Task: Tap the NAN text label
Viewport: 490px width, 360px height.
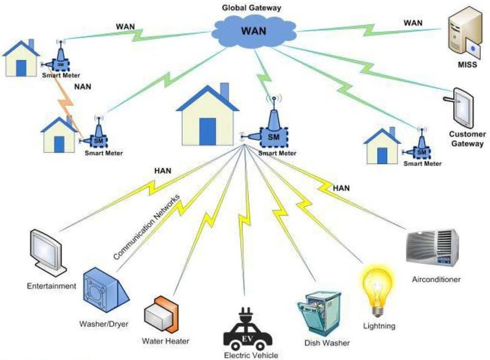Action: pyautogui.click(x=83, y=88)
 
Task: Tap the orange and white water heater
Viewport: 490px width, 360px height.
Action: pyautogui.click(x=160, y=313)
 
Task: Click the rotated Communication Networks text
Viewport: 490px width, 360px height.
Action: pyautogui.click(x=147, y=226)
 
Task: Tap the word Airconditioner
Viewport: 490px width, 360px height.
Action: pyautogui.click(x=435, y=279)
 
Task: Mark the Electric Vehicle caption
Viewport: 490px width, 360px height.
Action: pyautogui.click(x=251, y=355)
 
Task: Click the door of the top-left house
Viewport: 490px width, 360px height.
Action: pyautogui.click(x=21, y=67)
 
